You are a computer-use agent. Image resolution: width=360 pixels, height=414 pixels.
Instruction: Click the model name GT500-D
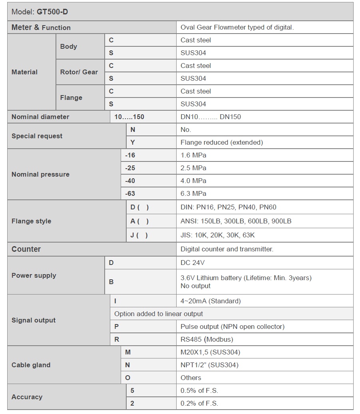pyautogui.click(x=52, y=12)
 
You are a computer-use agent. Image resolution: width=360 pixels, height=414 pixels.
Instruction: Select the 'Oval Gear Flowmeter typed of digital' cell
pyautogui.click(x=237, y=28)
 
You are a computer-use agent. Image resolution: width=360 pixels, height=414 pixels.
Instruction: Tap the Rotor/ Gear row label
pyautogui.click(x=79, y=72)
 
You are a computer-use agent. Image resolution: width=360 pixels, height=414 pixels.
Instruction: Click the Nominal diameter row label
pyautogui.click(x=40, y=117)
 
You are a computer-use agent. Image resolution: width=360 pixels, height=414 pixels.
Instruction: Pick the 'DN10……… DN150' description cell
pyautogui.click(x=211, y=117)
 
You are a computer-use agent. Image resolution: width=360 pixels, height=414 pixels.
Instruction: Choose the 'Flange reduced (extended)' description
pyautogui.click(x=221, y=142)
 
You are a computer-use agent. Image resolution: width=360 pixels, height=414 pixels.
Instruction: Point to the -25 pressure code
pyautogui.click(x=130, y=168)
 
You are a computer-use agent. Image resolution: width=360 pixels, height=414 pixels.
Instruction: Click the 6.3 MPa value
pyautogui.click(x=193, y=193)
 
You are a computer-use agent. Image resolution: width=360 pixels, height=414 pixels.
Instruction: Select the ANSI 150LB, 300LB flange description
pyautogui.click(x=236, y=221)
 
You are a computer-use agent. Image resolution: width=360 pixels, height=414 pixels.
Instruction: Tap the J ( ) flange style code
pyautogui.click(x=139, y=235)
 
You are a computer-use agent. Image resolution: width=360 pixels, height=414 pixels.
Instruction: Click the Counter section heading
pyautogui.click(x=26, y=249)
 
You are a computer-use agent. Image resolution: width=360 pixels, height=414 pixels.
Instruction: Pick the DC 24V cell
pyautogui.click(x=193, y=263)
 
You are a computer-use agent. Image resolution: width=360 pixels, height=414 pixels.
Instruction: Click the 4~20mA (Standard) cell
pyautogui.click(x=211, y=301)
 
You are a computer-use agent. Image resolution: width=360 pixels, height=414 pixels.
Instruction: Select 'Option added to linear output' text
pyautogui.click(x=159, y=314)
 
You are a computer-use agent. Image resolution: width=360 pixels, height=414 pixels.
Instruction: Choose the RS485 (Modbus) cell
pyautogui.click(x=207, y=339)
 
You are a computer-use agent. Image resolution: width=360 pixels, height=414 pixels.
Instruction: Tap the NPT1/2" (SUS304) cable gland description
pyautogui.click(x=209, y=365)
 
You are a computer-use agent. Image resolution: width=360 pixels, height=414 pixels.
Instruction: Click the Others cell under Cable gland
pyautogui.click(x=191, y=378)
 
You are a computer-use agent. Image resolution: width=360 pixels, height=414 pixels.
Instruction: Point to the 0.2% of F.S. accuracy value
pyautogui.click(x=199, y=403)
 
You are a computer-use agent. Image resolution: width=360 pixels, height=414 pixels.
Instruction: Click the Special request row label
pyautogui.click(x=37, y=136)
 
